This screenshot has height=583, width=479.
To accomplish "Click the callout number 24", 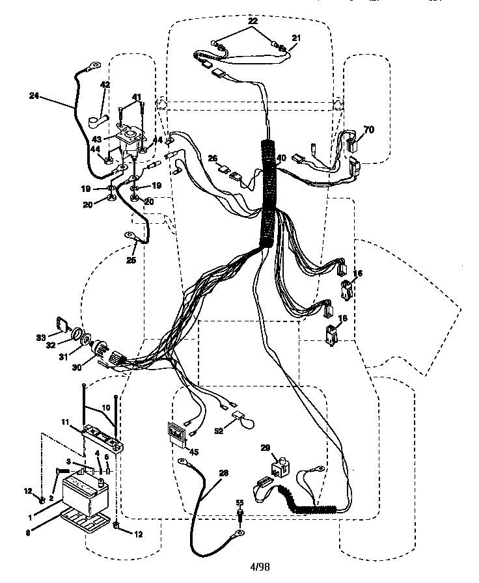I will pyautogui.click(x=34, y=96).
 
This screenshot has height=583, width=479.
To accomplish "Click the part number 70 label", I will pyautogui.click(x=369, y=130).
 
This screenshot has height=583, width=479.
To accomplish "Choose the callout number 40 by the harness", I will pyautogui.click(x=281, y=158).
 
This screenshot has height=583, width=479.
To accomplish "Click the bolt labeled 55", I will pyautogui.click(x=239, y=515).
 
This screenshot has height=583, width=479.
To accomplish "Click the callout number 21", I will pyautogui.click(x=297, y=38).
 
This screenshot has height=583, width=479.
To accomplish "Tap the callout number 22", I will pyautogui.click(x=253, y=22).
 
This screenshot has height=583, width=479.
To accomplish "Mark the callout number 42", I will pyautogui.click(x=104, y=85).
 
